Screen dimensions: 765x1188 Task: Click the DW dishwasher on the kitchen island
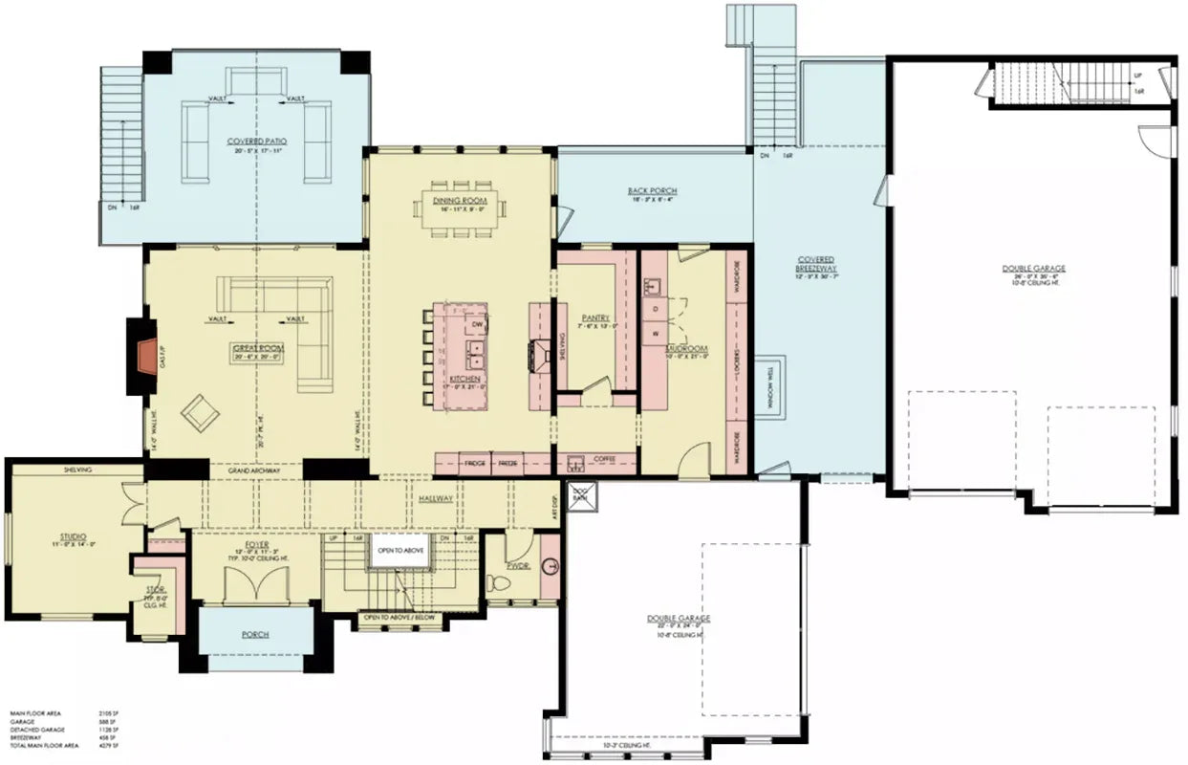475,326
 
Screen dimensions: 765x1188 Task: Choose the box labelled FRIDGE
475,464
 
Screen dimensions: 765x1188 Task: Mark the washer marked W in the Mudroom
658,334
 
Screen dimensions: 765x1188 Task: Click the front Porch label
255,635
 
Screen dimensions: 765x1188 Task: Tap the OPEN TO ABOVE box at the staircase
399,550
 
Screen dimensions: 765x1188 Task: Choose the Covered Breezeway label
816,264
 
